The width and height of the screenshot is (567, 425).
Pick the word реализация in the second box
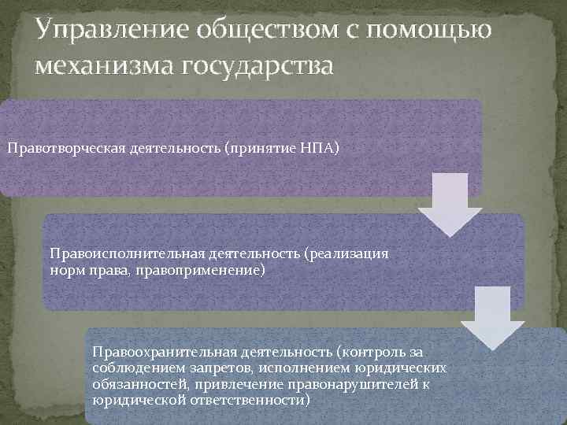tap(351, 254)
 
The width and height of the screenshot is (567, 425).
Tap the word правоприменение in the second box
tap(210, 270)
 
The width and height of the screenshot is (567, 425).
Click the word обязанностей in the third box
tap(137, 384)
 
